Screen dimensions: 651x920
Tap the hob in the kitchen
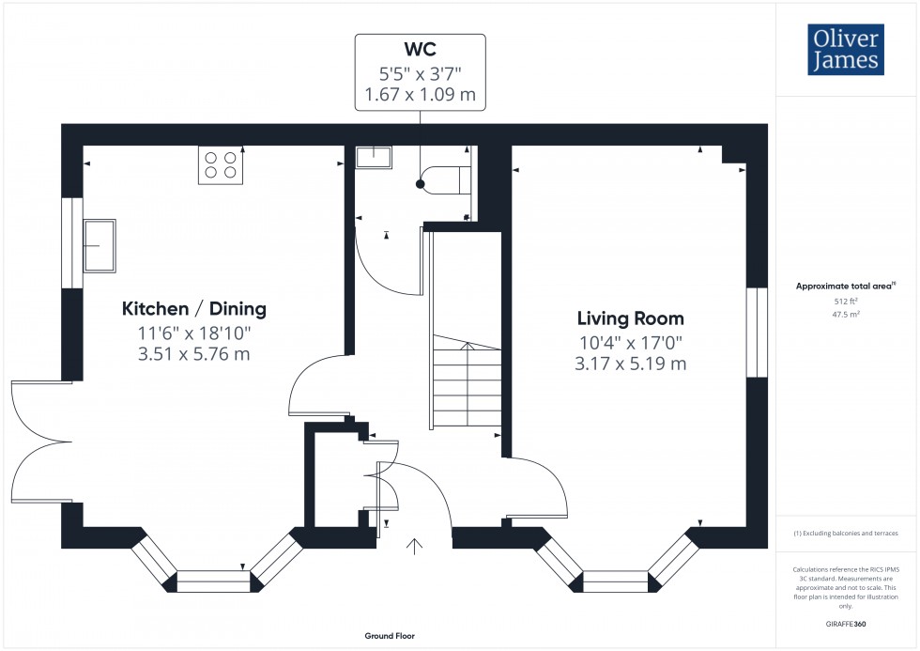pos(221,165)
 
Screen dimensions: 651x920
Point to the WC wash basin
pos(373,156)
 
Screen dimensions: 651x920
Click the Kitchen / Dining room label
pos(193,308)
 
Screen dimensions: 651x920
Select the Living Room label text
pos(630,318)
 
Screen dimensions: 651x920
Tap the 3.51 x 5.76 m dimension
pos(193,354)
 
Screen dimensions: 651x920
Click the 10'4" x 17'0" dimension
pos(630,343)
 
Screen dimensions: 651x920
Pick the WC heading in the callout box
pos(420,49)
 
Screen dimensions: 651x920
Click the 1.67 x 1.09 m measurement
pos(420,94)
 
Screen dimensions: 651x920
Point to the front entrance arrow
pos(414,545)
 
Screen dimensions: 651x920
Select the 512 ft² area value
pos(847,302)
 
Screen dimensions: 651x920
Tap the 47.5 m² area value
pos(847,315)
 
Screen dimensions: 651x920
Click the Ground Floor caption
pos(390,636)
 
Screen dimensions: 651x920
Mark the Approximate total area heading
pos(846,286)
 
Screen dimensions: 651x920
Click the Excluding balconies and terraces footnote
pos(846,534)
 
